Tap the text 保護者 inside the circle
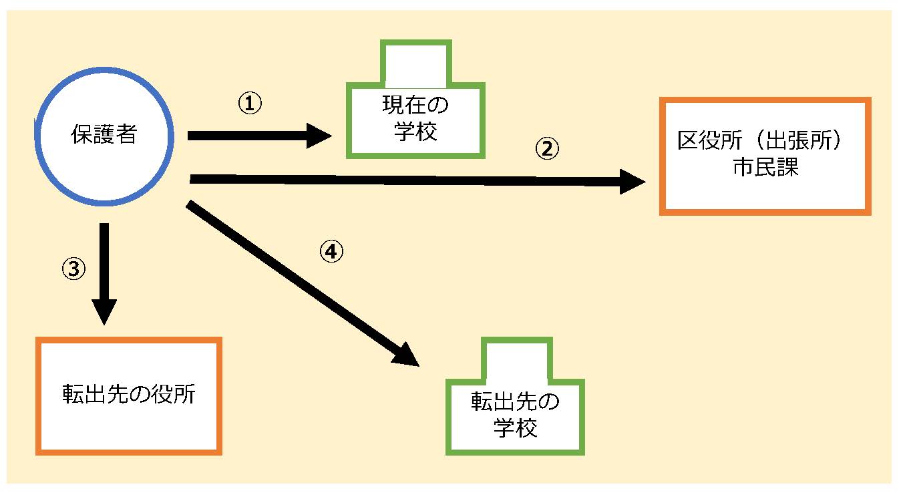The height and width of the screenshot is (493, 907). pyautogui.click(x=104, y=135)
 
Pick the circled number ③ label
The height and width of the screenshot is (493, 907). pyautogui.click(x=73, y=268)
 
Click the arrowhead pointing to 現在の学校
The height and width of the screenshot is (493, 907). pyautogui.click(x=319, y=136)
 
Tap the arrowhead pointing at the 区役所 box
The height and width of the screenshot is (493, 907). pyautogui.click(x=633, y=181)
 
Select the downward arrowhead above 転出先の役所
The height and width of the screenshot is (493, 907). pyautogui.click(x=105, y=311)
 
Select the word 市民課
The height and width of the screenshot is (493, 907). pyautogui.click(x=764, y=167)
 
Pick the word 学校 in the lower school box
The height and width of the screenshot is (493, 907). pyautogui.click(x=516, y=428)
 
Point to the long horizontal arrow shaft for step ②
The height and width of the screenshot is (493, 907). pyautogui.click(x=401, y=179)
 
